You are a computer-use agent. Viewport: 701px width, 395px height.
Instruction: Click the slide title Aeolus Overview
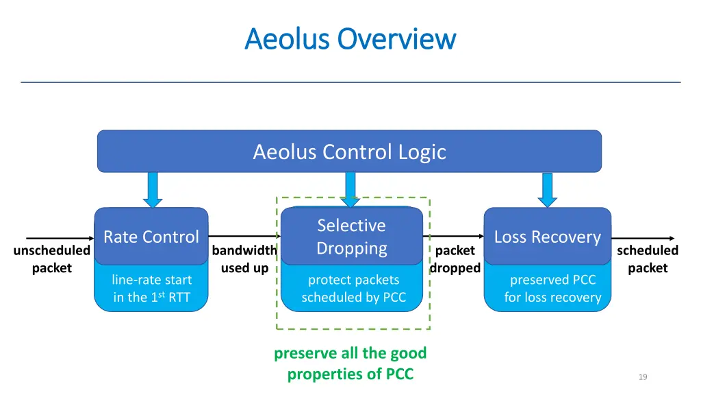coord(350,38)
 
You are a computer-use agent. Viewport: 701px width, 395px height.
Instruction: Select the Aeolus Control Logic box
coord(349,151)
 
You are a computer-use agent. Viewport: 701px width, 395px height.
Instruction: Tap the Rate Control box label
coord(151,237)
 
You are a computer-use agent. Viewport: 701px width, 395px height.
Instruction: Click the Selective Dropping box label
coord(351,237)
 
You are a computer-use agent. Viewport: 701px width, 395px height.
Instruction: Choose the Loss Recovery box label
coord(547,237)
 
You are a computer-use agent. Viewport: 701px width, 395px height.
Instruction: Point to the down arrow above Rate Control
coord(153,189)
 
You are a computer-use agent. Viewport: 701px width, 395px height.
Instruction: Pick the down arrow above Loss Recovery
coord(547,189)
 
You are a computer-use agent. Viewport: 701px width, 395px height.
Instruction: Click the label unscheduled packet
coord(51,259)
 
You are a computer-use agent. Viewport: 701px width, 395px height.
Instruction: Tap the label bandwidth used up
coord(244,259)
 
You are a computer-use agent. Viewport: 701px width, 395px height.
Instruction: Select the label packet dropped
coord(455,259)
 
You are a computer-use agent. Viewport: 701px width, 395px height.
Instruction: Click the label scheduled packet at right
coord(647,259)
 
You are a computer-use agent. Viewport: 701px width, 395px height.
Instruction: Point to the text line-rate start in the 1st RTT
coord(151,289)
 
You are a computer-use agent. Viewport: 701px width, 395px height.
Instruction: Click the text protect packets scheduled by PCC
coord(353,289)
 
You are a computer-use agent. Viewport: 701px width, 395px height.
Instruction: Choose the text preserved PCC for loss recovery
coord(552,289)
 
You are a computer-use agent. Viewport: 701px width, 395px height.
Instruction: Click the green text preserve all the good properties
coord(350,363)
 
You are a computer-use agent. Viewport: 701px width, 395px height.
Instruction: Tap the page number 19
coord(642,376)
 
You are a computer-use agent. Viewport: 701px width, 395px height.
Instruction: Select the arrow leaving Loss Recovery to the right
coord(643,239)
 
